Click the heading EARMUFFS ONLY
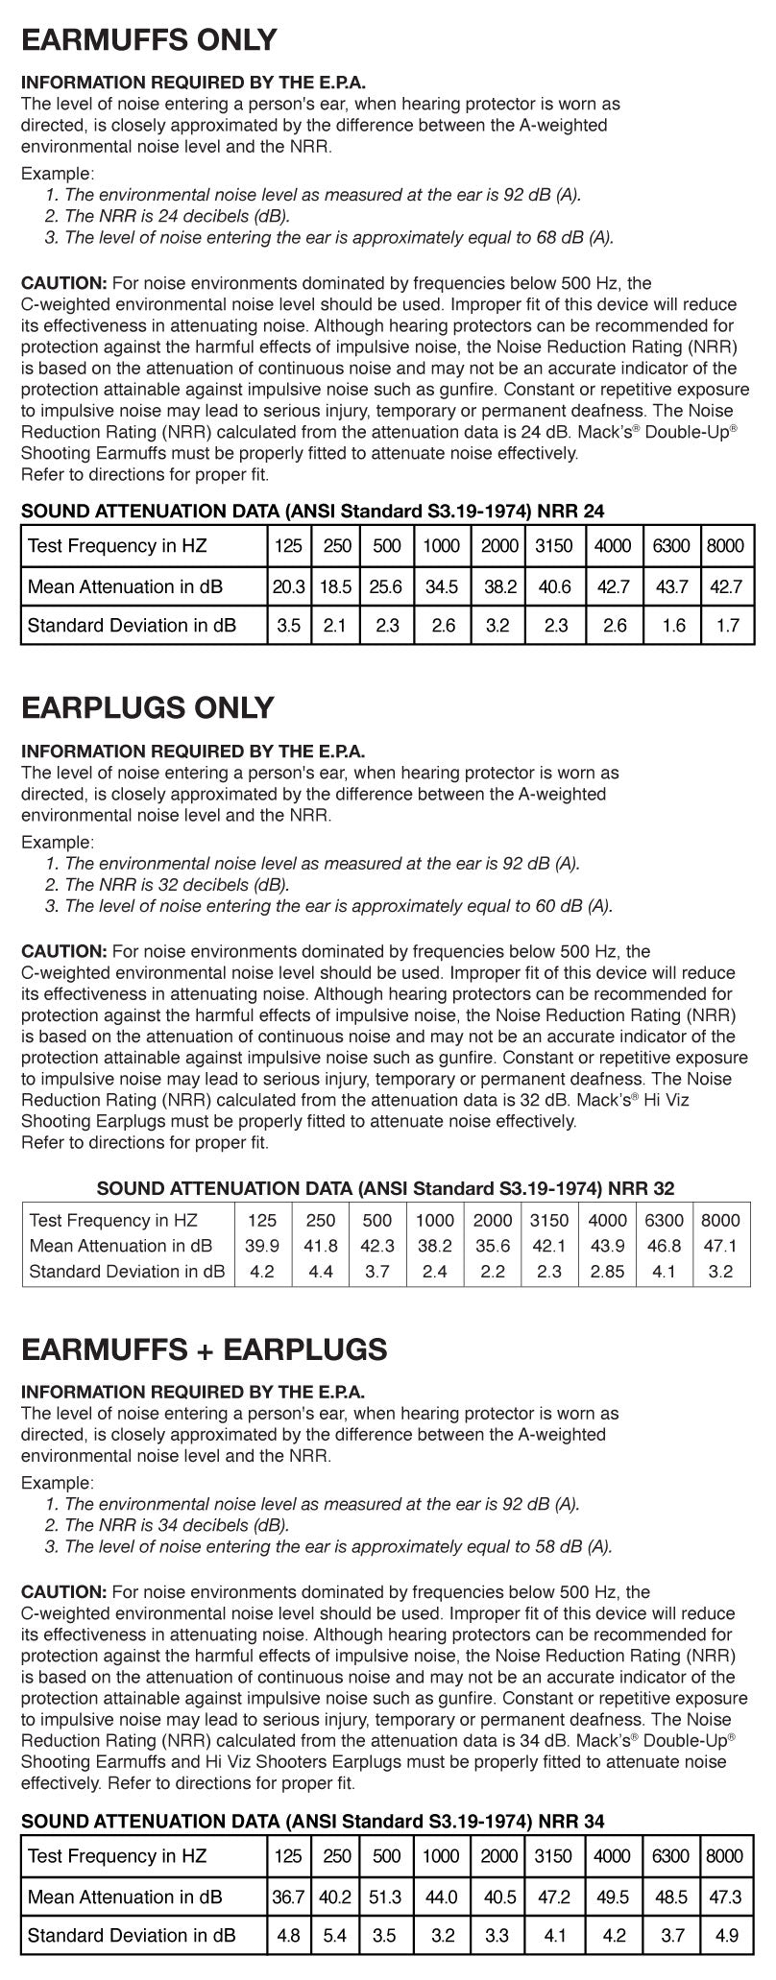coord(149,40)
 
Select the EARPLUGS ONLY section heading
coord(148,708)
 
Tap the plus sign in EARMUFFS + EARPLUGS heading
coord(202,1349)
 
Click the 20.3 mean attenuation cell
coord(288,586)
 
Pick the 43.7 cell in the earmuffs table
coord(670,586)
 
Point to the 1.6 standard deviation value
coord(673,626)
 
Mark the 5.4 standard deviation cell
coord(334,1936)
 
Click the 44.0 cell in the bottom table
coord(441,1897)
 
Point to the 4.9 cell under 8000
coord(728,1936)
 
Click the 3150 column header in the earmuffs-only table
coord(553,547)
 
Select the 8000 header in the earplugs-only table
coord(720,1221)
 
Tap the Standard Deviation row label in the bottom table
coord(132,1936)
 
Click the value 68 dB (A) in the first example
coord(573,237)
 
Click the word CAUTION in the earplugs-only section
coord(63,952)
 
